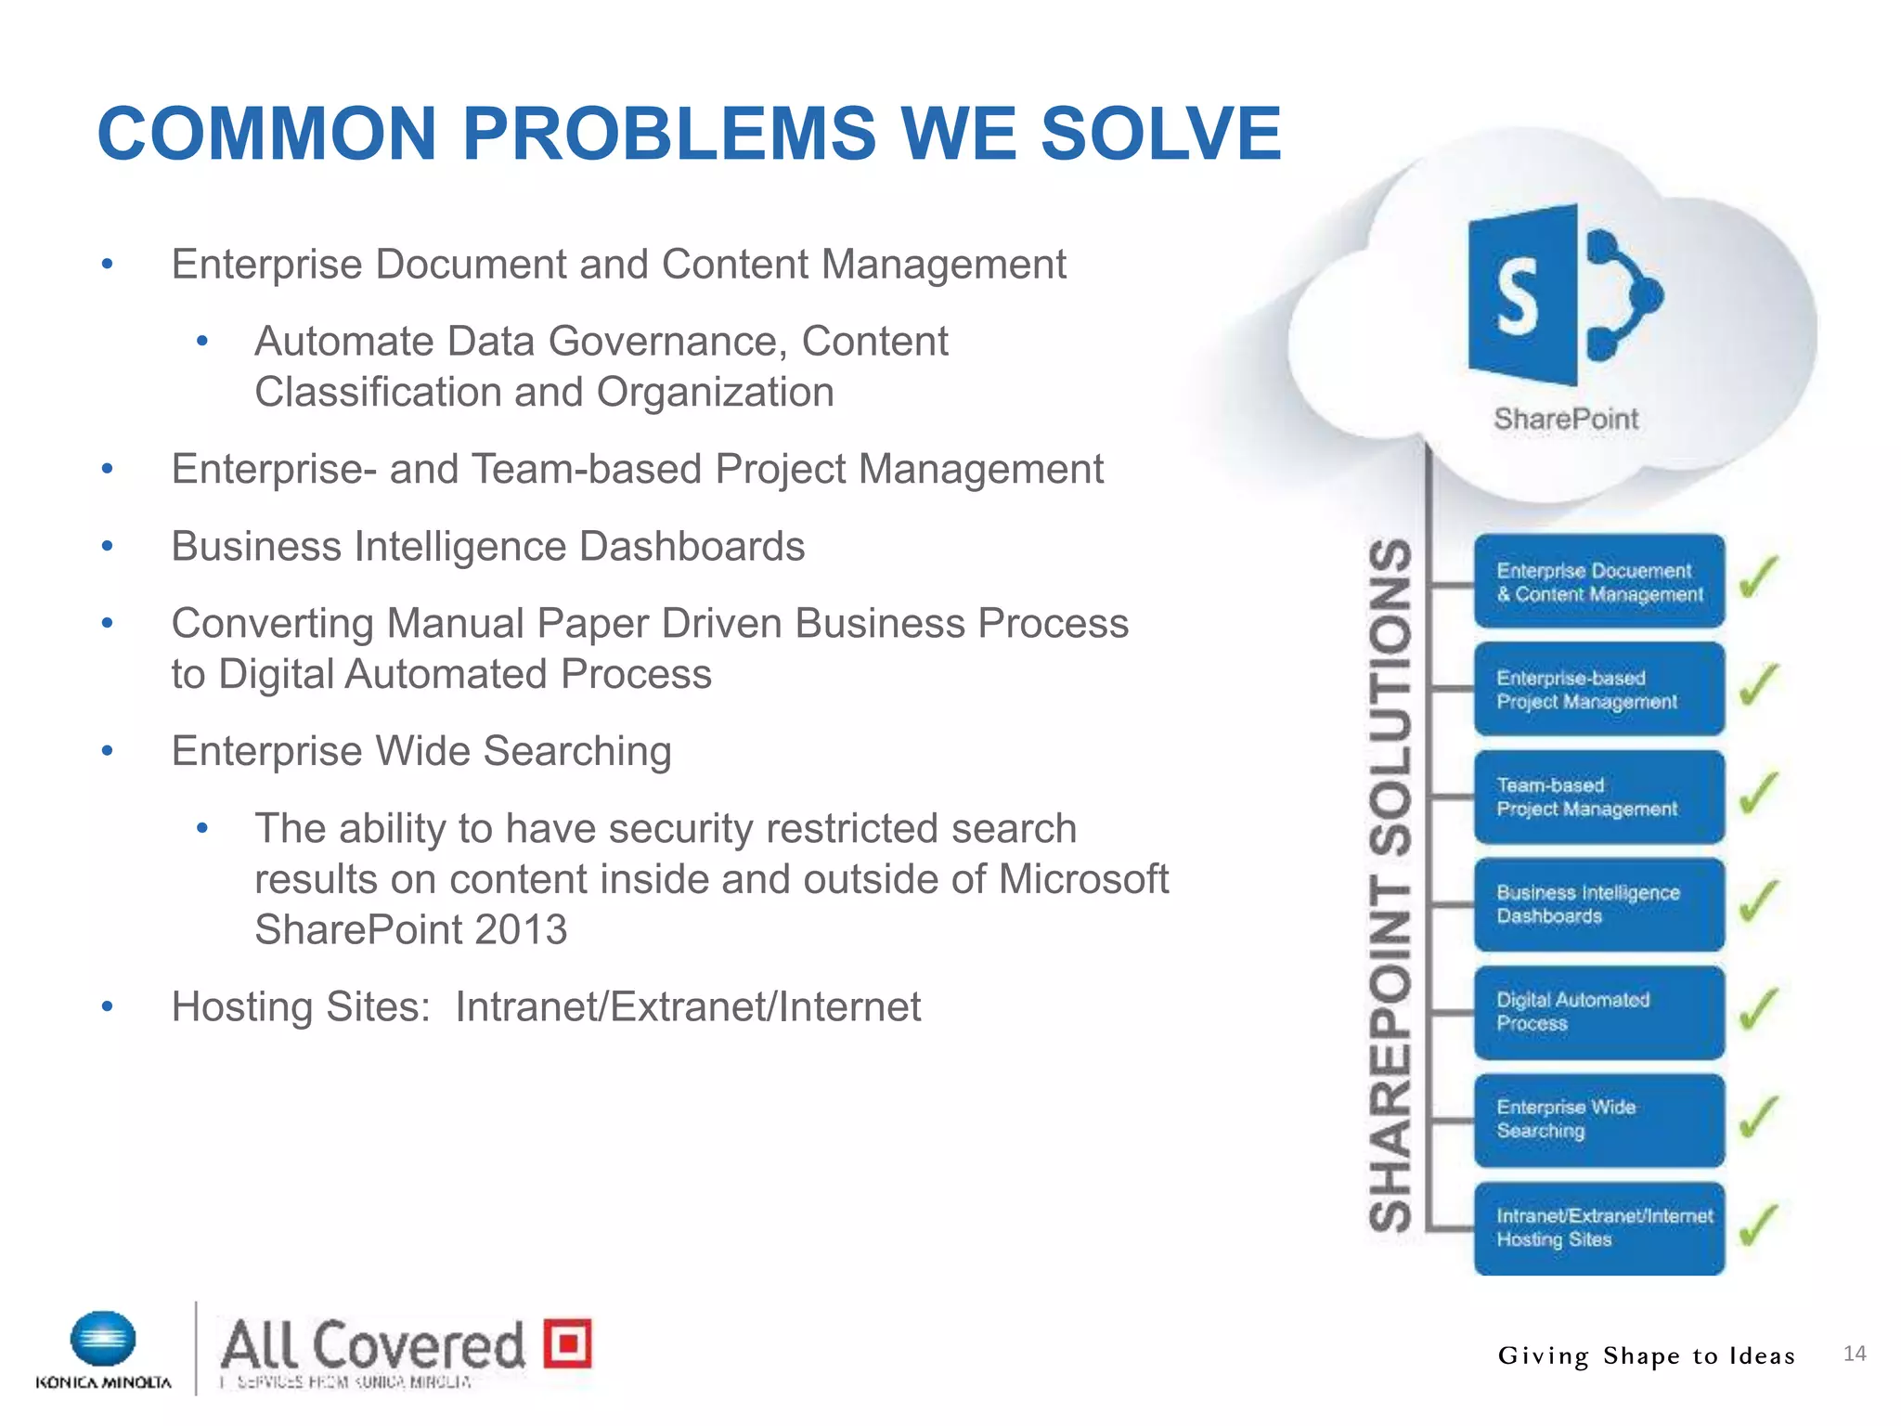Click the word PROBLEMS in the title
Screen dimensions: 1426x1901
[668, 134]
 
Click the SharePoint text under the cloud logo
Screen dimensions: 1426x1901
[1566, 419]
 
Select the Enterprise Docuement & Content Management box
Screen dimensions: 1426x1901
[1598, 582]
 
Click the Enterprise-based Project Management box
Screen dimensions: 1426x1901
[1598, 690]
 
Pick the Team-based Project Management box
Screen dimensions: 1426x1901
[1598, 797]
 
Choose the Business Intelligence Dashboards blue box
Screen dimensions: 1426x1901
[1598, 904]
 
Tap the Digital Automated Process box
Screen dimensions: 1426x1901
[1598, 1012]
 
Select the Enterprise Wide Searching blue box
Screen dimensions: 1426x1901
[1598, 1120]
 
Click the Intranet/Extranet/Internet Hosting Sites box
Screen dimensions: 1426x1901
[1598, 1227]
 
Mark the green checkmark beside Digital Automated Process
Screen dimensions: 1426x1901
[1758, 1009]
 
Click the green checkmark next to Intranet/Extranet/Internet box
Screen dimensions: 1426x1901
[1758, 1225]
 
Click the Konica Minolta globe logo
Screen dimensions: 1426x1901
[103, 1340]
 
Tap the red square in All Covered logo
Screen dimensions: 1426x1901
[567, 1343]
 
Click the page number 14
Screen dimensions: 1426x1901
[1854, 1354]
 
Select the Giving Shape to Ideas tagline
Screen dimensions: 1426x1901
[1646, 1356]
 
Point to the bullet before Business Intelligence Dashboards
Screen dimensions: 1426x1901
[108, 547]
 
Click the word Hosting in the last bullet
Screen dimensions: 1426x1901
[234, 1007]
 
